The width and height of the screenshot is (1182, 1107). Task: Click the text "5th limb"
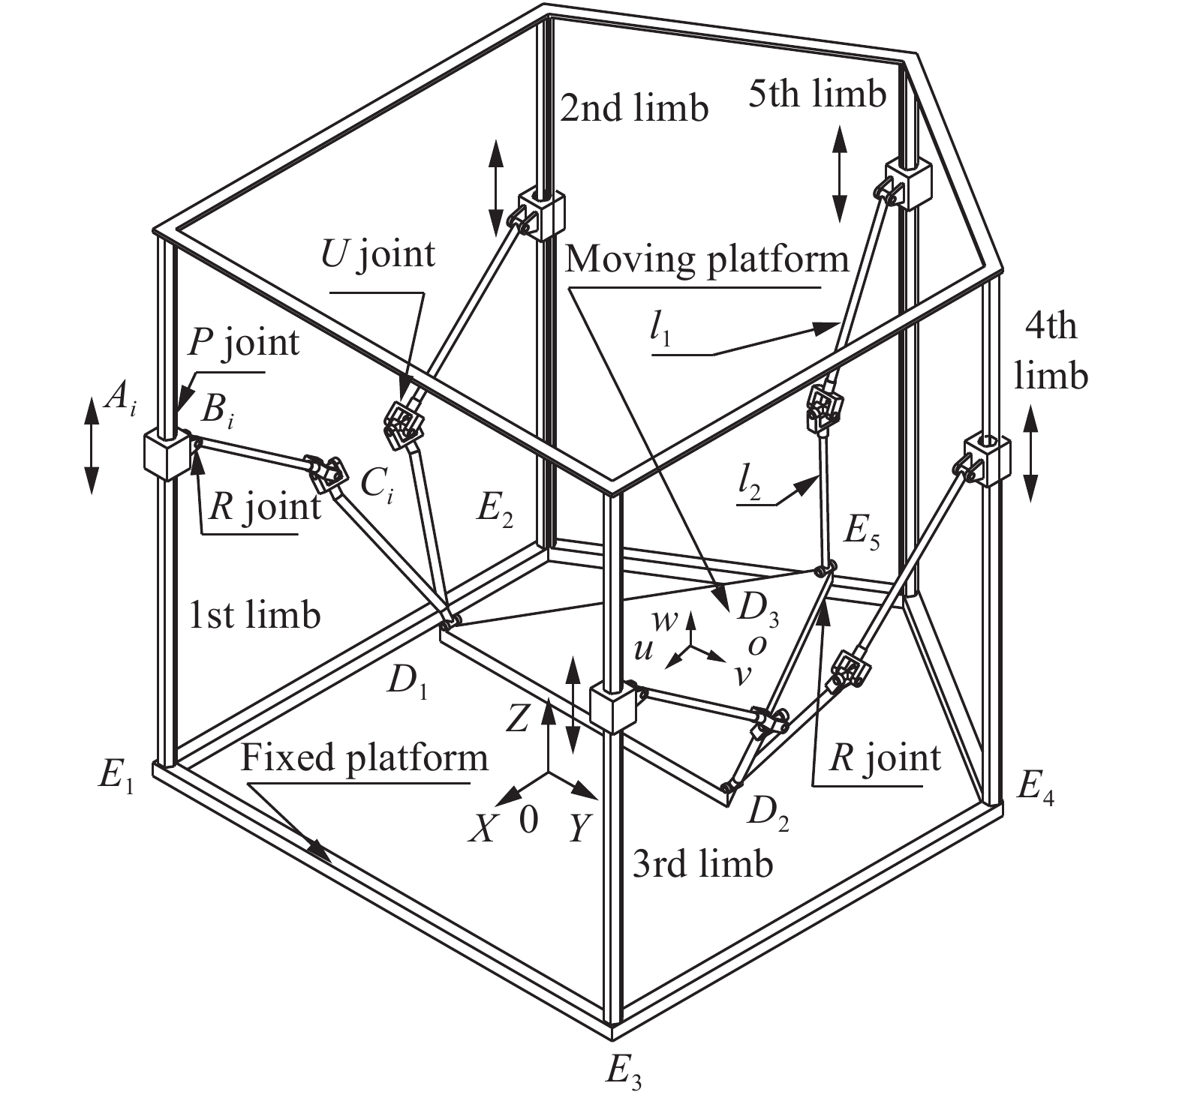[817, 94]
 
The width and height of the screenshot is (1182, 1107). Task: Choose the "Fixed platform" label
[364, 758]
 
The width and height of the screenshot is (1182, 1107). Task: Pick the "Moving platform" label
[706, 259]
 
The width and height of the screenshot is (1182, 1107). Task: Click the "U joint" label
[377, 253]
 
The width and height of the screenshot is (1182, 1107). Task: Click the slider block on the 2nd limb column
[541, 214]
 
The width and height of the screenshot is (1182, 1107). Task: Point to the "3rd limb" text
[702, 865]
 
